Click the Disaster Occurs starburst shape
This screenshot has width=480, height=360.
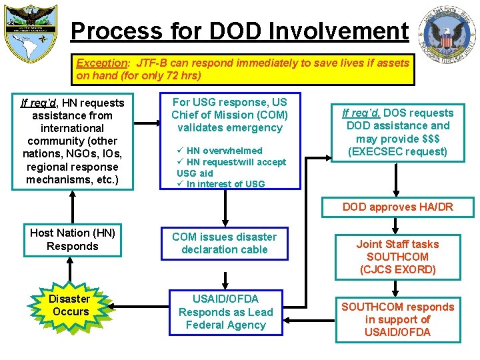point(70,305)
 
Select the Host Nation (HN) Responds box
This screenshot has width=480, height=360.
point(73,240)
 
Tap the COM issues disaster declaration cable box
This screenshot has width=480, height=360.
point(224,243)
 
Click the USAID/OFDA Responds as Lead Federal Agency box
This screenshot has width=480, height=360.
point(225,312)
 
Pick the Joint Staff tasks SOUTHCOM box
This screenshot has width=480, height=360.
point(397,257)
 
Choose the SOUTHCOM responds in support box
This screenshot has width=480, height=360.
point(397,319)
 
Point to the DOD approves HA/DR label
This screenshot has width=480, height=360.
point(397,207)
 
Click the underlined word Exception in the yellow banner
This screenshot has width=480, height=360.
point(101,63)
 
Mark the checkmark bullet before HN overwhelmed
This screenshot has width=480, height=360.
point(180,151)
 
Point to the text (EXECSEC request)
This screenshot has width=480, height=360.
point(398,151)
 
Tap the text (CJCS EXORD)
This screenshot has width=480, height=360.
point(397,269)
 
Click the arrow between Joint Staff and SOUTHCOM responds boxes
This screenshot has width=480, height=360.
point(397,288)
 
